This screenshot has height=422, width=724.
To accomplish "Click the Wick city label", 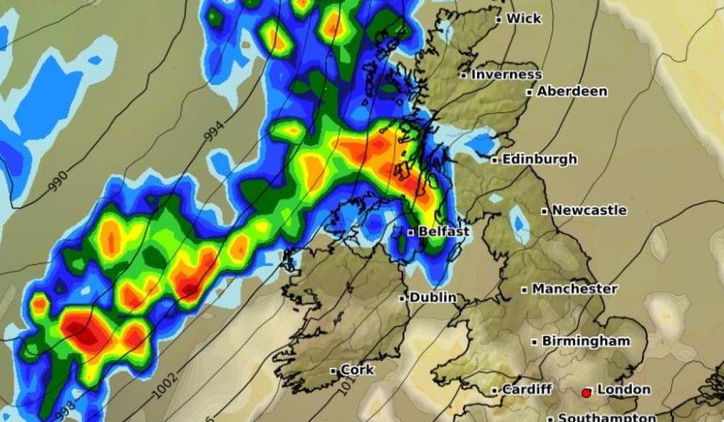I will pos(524,19).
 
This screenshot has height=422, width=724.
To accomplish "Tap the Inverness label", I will pos(506,75).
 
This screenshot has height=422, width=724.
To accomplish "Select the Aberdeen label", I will pos(572,92).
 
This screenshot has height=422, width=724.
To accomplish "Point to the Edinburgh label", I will pos(539,160).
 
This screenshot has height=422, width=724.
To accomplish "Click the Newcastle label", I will pos(589,210).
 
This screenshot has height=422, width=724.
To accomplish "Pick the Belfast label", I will pos(443,231).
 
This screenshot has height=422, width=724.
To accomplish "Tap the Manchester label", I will pos(574,289).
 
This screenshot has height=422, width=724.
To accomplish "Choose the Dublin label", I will pos(433,297).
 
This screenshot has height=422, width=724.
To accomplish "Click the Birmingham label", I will pos(586,341).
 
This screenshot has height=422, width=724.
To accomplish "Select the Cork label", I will pos(357,370).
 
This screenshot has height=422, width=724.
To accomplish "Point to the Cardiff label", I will pos(526,389).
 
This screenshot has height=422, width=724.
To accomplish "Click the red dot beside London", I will pos(585,393).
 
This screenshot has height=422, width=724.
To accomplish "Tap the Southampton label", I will pos(606,417).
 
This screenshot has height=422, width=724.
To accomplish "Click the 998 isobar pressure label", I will pos(65,412).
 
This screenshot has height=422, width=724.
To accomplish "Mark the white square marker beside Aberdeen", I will pos(529,92).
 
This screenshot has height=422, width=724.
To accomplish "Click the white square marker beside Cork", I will pos(333,370).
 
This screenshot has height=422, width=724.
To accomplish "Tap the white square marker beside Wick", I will pos(499,19).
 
